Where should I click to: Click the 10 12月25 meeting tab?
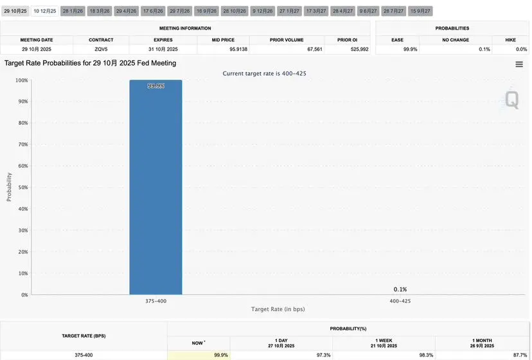pyautogui.click(x=44, y=11)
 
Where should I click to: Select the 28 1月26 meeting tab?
pyautogui.click(x=73, y=11)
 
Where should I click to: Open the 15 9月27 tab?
pyautogui.click(x=421, y=11)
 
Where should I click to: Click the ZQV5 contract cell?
pyautogui.click(x=101, y=50)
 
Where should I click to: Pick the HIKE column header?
pyautogui.click(x=510, y=40)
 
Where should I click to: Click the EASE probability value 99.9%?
pyautogui.click(x=409, y=50)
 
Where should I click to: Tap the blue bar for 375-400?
pyautogui.click(x=155, y=186)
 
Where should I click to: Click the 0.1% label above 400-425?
pyautogui.click(x=400, y=289)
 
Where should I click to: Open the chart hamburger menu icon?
pyautogui.click(x=519, y=64)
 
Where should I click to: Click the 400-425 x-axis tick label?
pyautogui.click(x=400, y=300)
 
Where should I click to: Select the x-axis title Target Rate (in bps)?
pyautogui.click(x=278, y=309)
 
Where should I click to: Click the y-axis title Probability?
pyautogui.click(x=9, y=186)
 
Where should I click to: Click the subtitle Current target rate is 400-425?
pyautogui.click(x=264, y=73)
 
